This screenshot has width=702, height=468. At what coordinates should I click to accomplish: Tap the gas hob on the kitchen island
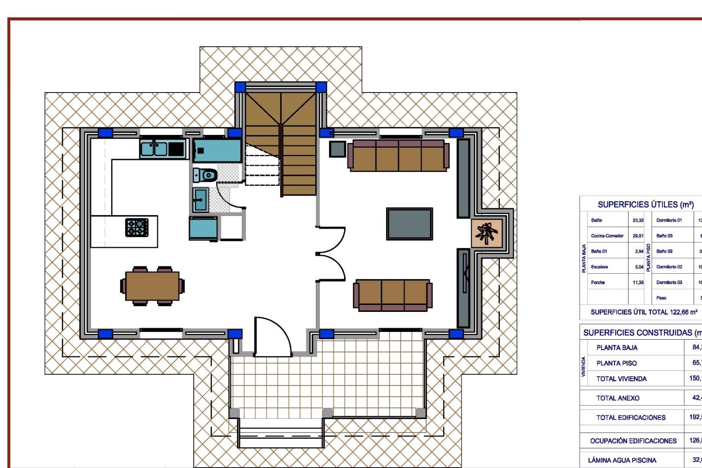click(x=137, y=227)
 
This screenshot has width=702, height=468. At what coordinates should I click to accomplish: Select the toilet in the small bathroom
click(x=205, y=175)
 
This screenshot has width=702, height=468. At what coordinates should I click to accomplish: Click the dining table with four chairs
click(x=152, y=286)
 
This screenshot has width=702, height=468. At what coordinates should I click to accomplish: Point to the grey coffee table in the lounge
click(x=409, y=224)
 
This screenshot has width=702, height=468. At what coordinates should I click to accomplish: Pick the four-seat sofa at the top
click(x=398, y=155)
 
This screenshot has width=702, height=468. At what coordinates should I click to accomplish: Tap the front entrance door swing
click(x=272, y=336)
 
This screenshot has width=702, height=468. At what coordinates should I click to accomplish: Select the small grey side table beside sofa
click(x=337, y=149)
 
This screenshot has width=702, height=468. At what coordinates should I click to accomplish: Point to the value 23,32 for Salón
click(x=638, y=220)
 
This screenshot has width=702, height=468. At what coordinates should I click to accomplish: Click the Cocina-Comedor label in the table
click(x=607, y=236)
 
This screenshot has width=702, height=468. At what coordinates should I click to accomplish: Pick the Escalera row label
click(x=599, y=267)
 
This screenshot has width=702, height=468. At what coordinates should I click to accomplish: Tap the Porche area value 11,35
click(x=638, y=282)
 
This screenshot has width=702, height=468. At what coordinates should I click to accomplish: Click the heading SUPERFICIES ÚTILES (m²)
click(x=645, y=205)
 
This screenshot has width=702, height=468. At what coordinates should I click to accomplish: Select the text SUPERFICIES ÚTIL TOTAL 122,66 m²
click(x=644, y=312)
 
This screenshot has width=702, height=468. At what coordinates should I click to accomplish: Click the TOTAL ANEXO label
click(x=618, y=398)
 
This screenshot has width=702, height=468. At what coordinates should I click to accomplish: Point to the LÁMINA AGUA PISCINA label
click(x=622, y=460)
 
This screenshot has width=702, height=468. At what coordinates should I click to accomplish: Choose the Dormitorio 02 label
click(x=669, y=267)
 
